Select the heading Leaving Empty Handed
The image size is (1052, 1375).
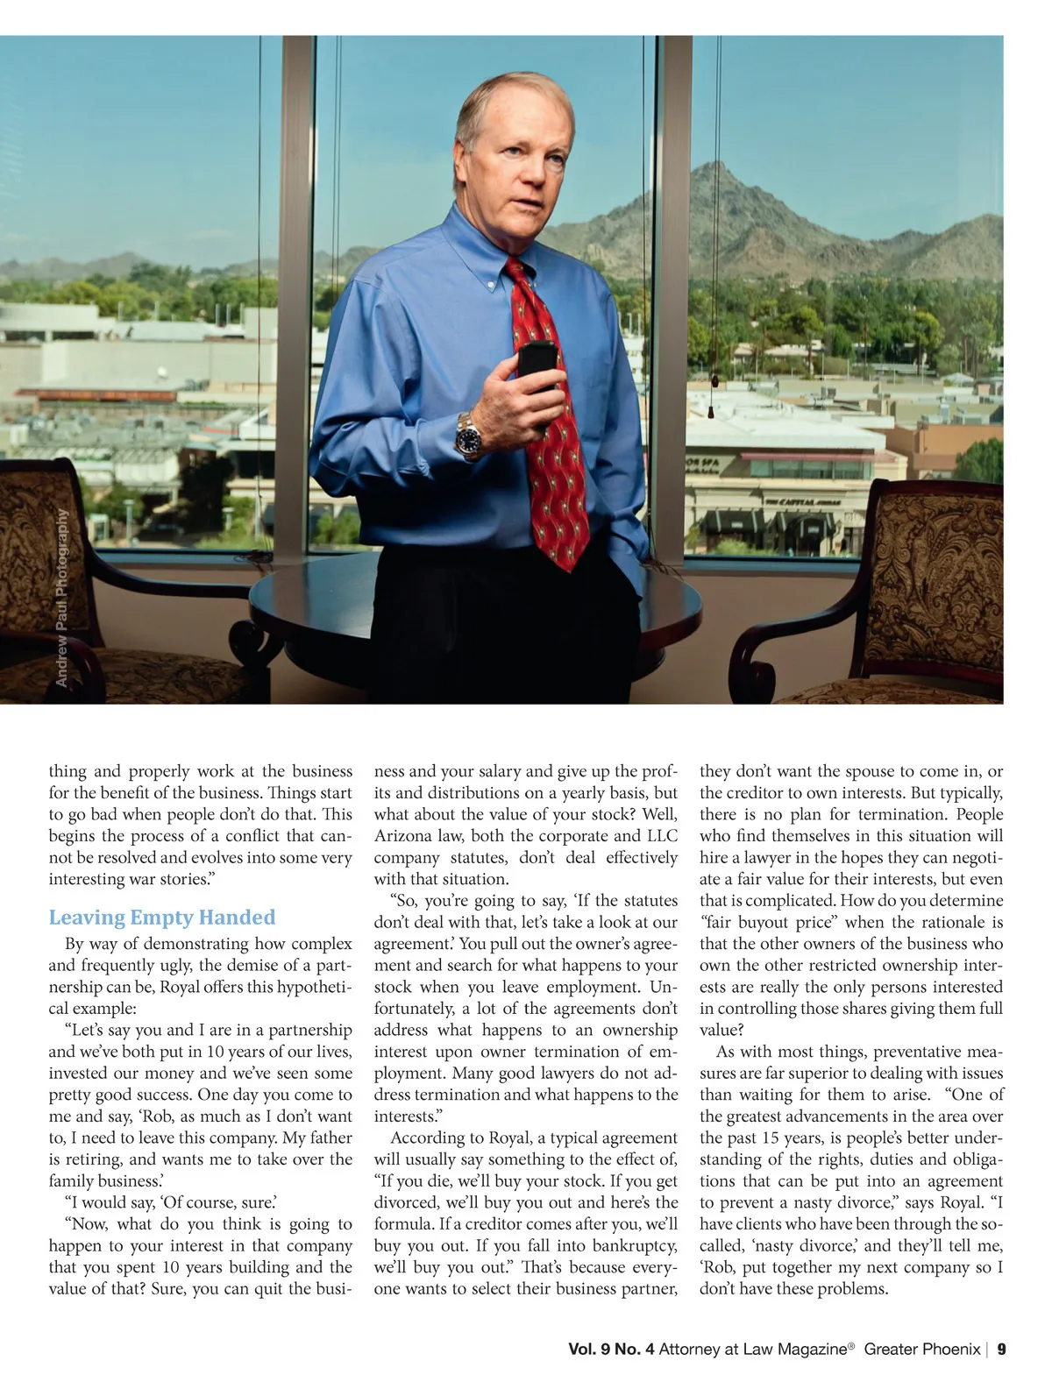[x=161, y=918]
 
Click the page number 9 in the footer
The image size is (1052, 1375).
[x=1001, y=1349]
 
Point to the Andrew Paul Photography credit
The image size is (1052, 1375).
[x=62, y=598]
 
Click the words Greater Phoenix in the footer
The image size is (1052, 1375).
[x=921, y=1349]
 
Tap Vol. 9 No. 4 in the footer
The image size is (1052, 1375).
[x=611, y=1349]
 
